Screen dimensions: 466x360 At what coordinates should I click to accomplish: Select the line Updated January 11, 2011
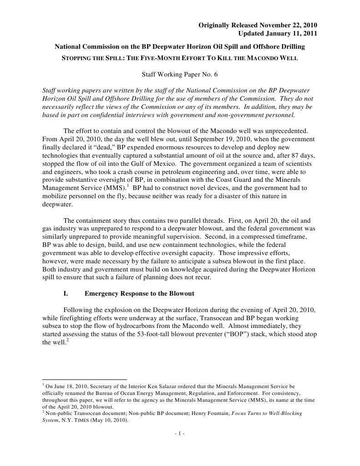pyautogui.click(x=278, y=33)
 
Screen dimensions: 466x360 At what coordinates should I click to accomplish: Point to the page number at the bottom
pyautogui.click(x=180, y=433)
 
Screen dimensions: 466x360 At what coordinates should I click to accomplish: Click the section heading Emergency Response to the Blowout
pyautogui.click(x=139, y=293)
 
